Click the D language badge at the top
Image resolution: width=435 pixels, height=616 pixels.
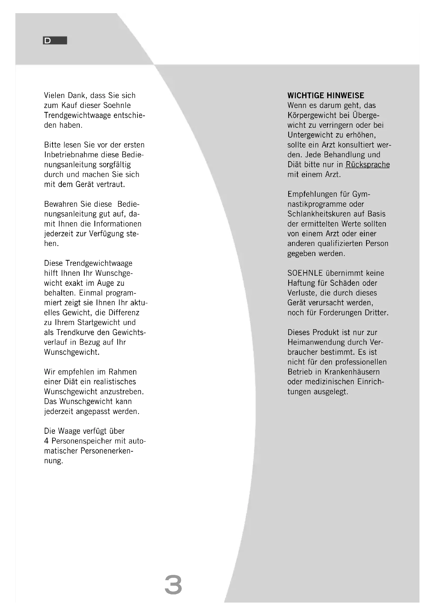55,41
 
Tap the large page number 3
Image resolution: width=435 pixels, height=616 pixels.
173,585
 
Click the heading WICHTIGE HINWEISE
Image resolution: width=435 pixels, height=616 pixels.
326,96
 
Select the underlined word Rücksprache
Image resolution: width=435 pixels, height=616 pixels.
367,164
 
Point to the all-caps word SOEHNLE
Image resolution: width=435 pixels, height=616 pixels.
305,273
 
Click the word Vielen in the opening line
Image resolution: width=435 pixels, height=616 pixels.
55,96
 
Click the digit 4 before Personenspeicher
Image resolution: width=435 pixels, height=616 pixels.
46,441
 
